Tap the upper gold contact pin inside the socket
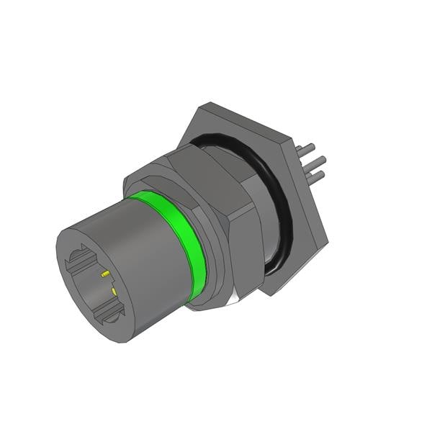point(106,274)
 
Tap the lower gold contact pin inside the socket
point(114,289)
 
